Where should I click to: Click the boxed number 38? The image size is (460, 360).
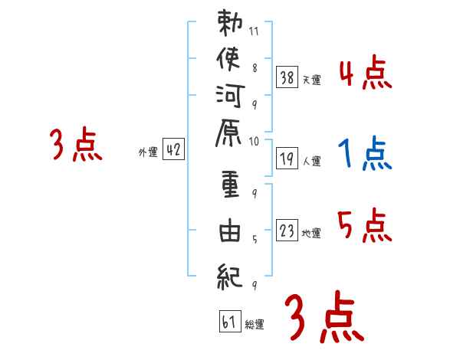pos(287,77)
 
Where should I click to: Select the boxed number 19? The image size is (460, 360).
pos(287,159)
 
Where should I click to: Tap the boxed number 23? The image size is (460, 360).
pos(287,231)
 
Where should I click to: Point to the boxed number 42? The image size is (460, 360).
pos(173,150)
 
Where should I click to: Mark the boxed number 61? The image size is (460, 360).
pos(229,322)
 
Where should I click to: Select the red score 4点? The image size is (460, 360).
pos(365,75)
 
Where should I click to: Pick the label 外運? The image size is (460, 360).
pos(148,152)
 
